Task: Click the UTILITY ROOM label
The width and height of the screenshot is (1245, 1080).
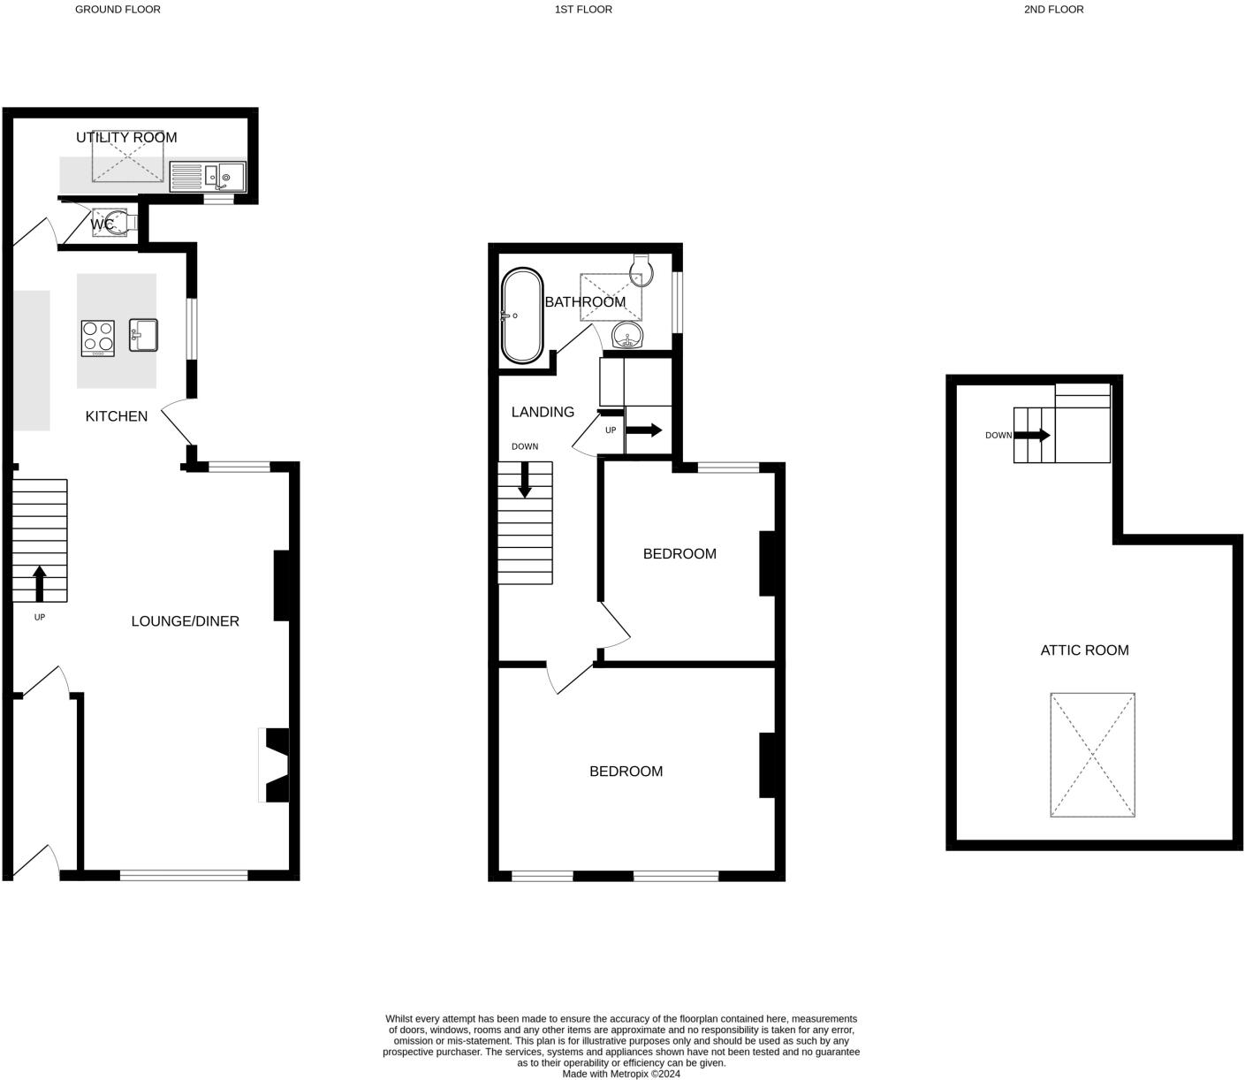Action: (x=126, y=137)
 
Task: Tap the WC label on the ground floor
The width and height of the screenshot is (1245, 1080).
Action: (x=102, y=224)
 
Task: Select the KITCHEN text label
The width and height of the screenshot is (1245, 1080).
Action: (x=117, y=416)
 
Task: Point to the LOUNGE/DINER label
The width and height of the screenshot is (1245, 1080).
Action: (x=186, y=621)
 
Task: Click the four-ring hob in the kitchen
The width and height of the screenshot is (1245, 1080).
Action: (x=98, y=338)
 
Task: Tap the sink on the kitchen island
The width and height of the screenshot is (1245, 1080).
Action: (x=143, y=335)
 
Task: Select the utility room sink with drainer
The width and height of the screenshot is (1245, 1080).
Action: (x=208, y=177)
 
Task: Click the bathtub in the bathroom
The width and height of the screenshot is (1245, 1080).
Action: (x=521, y=316)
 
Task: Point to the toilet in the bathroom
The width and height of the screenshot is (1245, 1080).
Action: (x=642, y=270)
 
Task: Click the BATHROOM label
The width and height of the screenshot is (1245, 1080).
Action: (x=585, y=302)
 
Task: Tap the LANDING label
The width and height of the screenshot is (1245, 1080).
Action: (x=543, y=412)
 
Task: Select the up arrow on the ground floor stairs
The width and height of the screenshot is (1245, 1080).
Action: (x=39, y=583)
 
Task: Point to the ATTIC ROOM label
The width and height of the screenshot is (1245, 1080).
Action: (x=1084, y=650)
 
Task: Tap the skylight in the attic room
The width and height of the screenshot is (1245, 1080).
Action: (x=1092, y=755)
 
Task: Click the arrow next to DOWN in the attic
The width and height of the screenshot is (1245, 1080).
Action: (x=1032, y=435)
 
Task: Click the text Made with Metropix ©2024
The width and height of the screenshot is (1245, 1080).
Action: (x=621, y=1074)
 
